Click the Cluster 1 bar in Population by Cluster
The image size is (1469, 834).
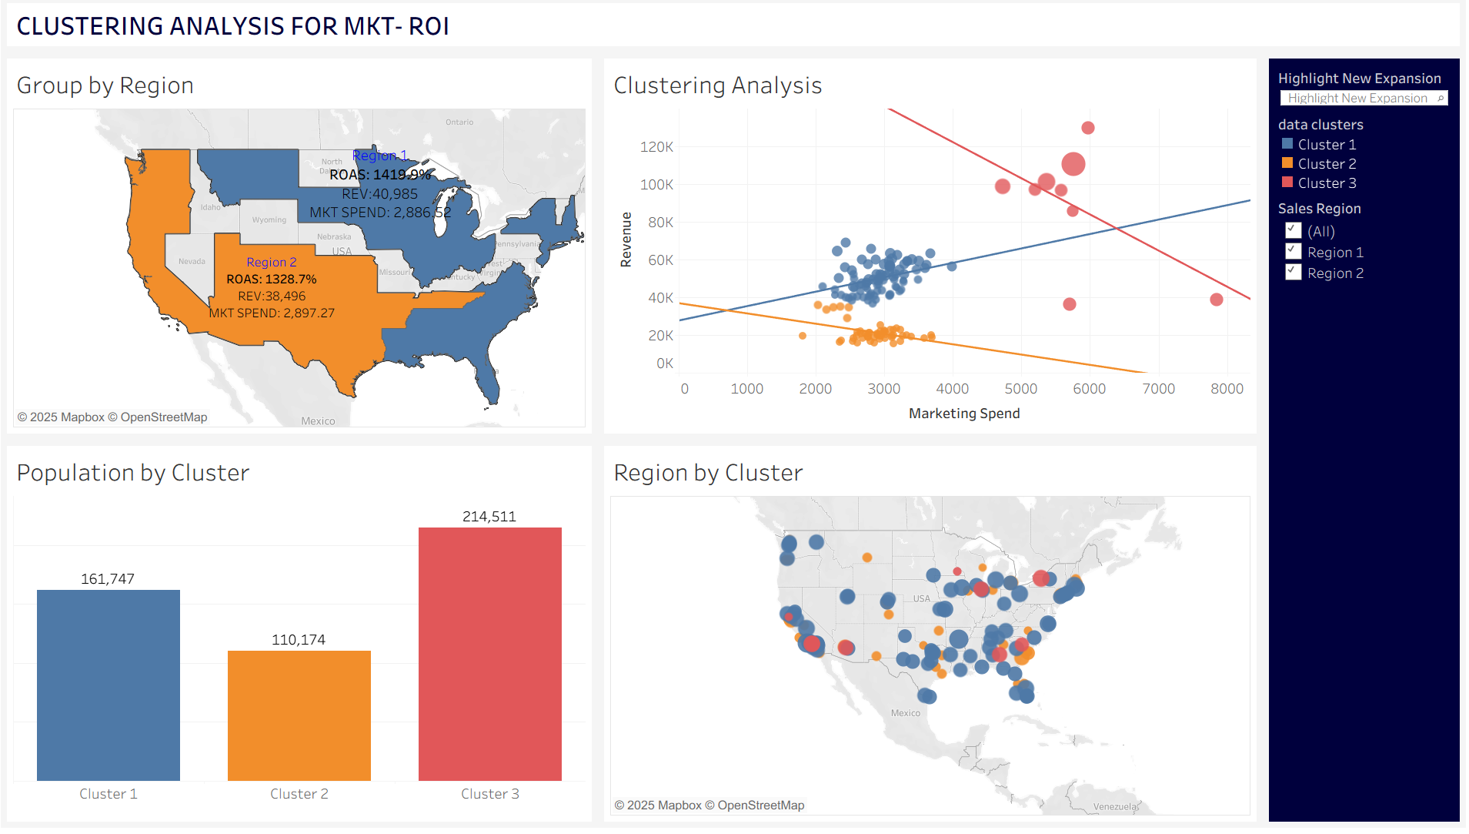click(109, 685)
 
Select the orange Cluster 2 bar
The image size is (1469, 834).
click(299, 715)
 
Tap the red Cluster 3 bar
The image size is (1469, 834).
click(490, 654)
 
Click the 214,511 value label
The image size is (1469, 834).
click(489, 517)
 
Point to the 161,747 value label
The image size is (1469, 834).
click(108, 579)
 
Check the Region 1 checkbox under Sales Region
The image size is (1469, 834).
click(1294, 252)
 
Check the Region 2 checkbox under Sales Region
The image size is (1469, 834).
click(1294, 273)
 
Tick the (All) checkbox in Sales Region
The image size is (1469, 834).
click(1294, 231)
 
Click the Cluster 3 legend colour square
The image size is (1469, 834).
click(1287, 183)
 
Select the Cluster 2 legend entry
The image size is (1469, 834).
click(1327, 164)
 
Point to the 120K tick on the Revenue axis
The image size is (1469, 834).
click(656, 147)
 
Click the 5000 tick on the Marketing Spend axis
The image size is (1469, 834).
click(1021, 389)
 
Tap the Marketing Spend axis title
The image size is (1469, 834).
click(964, 414)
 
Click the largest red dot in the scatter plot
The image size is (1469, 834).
click(1073, 164)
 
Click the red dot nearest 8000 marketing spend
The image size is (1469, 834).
click(1217, 300)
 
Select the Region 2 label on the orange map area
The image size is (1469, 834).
click(272, 263)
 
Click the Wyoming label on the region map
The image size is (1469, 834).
click(269, 220)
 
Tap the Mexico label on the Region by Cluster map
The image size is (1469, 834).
click(906, 713)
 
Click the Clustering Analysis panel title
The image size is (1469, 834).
click(718, 85)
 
